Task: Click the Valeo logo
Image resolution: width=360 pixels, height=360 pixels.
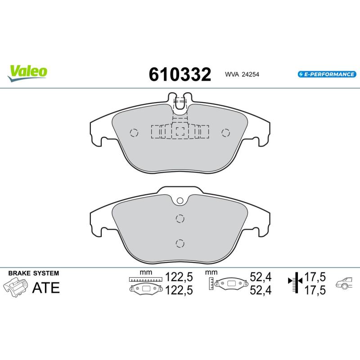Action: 27,73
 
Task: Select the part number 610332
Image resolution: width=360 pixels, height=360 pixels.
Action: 180,74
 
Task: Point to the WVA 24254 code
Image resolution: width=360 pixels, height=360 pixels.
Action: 242,74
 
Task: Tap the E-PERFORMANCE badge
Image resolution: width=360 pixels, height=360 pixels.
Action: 327,74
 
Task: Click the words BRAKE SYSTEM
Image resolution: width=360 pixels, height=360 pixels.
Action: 33,273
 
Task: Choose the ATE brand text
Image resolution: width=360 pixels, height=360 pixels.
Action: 46,288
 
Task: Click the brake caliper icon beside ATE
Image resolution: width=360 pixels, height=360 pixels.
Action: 15,287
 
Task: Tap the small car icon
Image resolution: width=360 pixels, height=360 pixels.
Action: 344,283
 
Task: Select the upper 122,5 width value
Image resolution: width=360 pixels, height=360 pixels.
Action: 179,277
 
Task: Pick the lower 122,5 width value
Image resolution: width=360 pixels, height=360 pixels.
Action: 179,290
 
